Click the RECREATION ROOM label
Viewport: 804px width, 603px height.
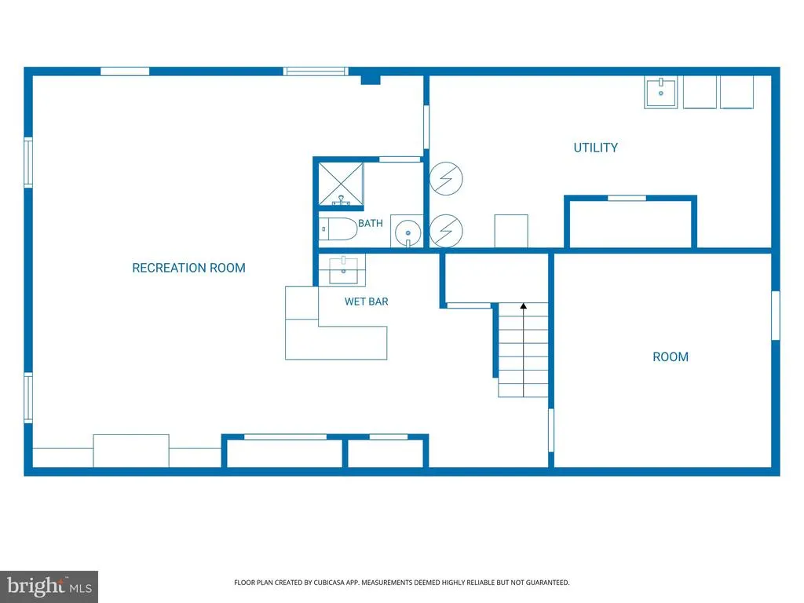click(188, 268)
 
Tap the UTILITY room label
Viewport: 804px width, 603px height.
click(595, 148)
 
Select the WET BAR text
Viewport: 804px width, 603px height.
click(366, 301)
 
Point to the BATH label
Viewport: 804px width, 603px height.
click(371, 223)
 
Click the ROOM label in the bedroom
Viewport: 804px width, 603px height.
click(671, 357)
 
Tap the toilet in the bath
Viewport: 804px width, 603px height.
click(338, 229)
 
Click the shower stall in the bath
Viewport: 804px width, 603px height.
click(341, 186)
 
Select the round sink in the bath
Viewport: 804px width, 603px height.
click(408, 232)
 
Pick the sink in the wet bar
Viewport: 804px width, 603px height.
click(343, 270)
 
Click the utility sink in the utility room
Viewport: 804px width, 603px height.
click(660, 93)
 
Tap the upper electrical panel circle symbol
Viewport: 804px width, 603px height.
click(446, 178)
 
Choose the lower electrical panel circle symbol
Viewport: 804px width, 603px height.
click(446, 231)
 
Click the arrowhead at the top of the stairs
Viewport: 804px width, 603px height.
click(523, 306)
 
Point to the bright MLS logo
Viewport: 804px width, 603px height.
click(49, 587)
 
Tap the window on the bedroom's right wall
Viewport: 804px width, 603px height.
click(776, 316)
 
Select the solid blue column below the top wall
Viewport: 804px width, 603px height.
click(371, 79)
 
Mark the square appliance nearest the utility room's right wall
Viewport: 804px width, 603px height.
click(736, 93)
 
